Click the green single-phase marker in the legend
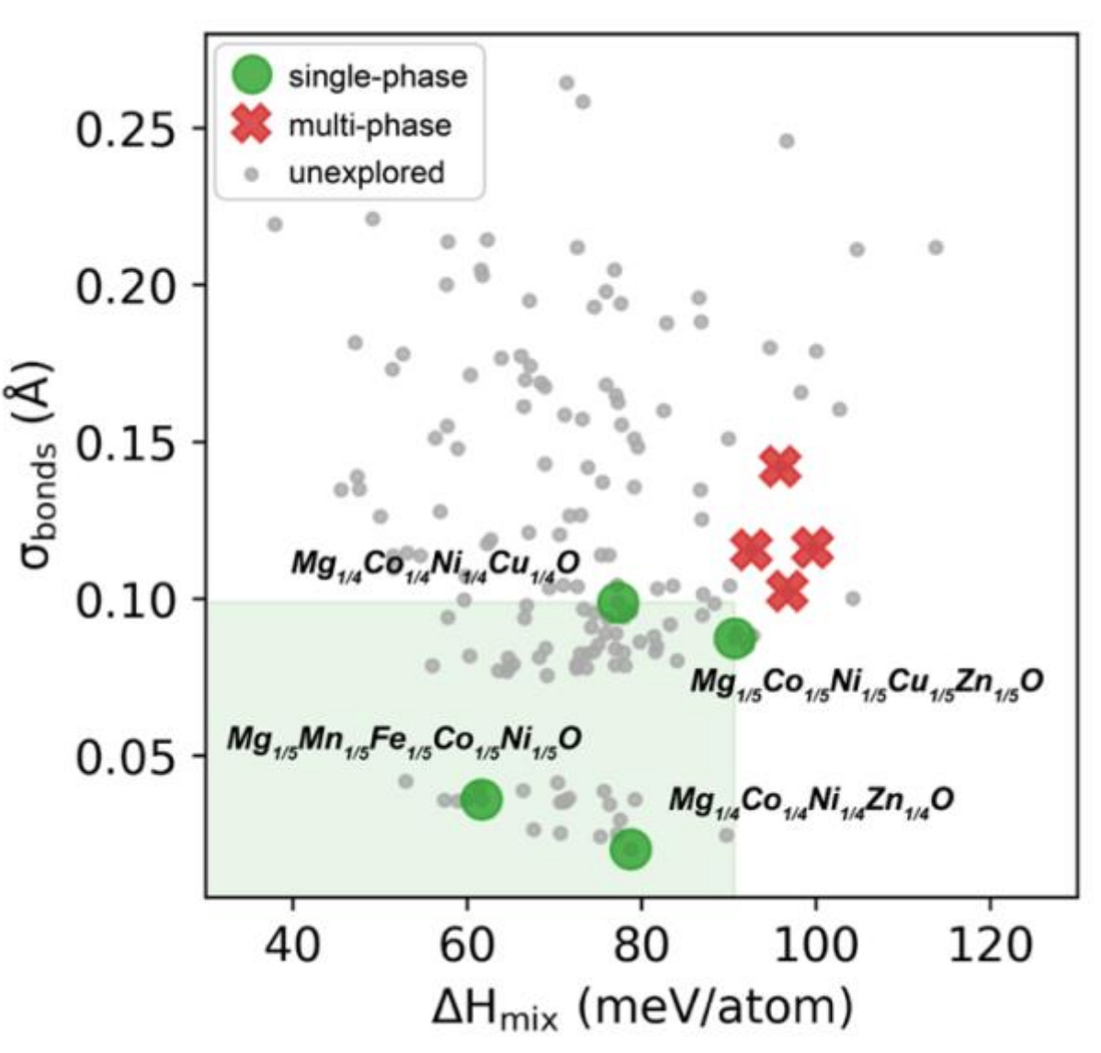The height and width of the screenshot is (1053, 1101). (253, 75)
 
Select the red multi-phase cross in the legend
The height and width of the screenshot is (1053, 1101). (253, 124)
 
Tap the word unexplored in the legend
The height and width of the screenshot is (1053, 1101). (366, 172)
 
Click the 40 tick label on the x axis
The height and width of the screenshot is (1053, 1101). (292, 944)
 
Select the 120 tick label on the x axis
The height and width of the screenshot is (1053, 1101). (989, 944)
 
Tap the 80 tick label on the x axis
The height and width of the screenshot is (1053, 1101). (641, 944)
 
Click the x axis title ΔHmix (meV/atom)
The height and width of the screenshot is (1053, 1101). (641, 1007)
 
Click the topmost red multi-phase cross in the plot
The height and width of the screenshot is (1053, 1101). (780, 467)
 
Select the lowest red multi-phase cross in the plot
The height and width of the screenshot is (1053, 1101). (788, 591)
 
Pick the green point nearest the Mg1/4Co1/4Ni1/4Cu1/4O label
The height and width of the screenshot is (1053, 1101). (618, 603)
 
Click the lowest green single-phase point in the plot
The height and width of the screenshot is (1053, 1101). (630, 849)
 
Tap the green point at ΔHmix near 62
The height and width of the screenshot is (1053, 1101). (482, 799)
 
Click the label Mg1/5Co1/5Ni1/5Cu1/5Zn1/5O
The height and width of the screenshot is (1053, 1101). (866, 681)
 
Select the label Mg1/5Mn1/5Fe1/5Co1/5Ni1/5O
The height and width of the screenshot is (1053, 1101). (404, 739)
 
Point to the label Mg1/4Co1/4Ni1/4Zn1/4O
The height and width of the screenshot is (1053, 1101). (811, 799)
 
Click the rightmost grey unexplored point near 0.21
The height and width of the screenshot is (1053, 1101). (936, 247)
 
